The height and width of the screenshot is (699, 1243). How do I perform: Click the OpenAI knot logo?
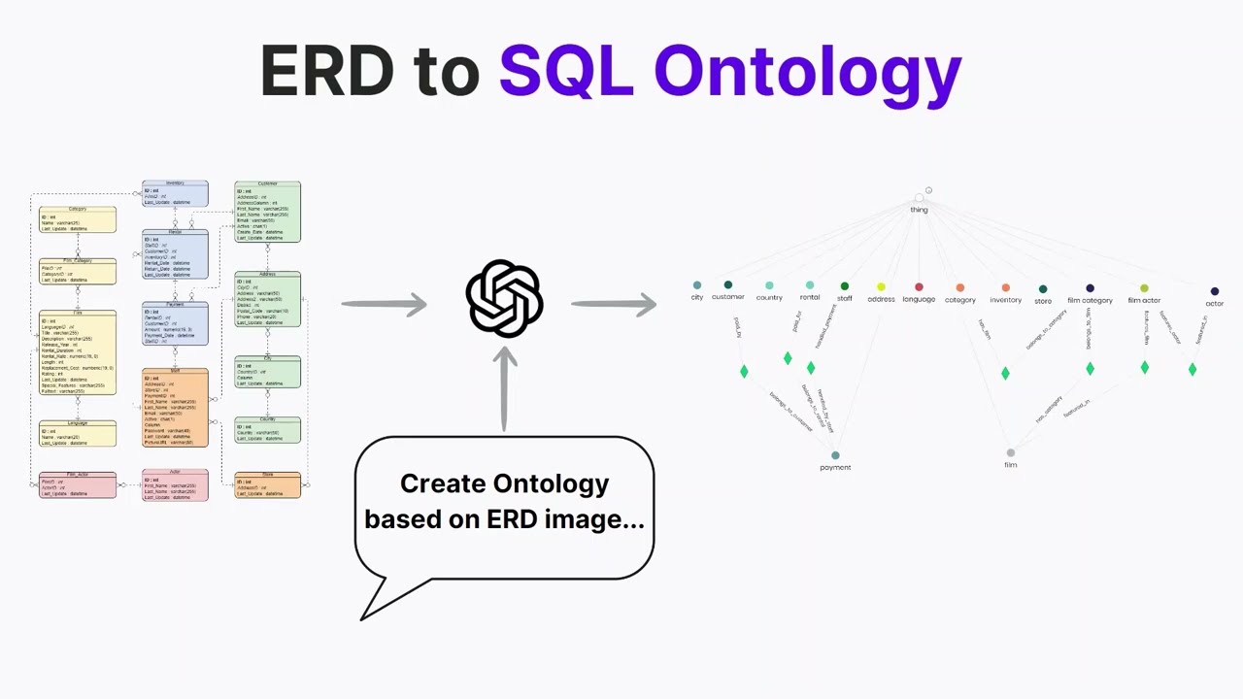pyautogui.click(x=504, y=299)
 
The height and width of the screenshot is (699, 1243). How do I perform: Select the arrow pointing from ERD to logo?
pyautogui.click(x=384, y=305)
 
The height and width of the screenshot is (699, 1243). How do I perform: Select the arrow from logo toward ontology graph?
pyautogui.click(x=614, y=305)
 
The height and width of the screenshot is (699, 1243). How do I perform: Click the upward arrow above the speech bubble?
pyautogui.click(x=504, y=388)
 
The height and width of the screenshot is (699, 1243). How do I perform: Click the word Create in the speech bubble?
pyautogui.click(x=449, y=483)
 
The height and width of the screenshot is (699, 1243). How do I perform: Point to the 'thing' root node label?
pyautogui.click(x=919, y=210)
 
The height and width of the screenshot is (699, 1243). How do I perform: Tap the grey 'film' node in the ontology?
pyautogui.click(x=1011, y=453)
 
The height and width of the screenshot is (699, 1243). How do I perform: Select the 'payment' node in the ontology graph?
pyautogui.click(x=835, y=455)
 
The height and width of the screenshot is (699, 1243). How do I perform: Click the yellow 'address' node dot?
pyautogui.click(x=881, y=287)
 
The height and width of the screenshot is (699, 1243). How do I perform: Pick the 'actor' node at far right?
pyautogui.click(x=1214, y=291)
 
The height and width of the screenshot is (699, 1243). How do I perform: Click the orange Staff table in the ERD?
pyautogui.click(x=175, y=408)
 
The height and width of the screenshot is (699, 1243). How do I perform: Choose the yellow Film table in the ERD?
pyautogui.click(x=78, y=353)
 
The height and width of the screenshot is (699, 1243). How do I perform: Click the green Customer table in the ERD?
pyautogui.click(x=267, y=212)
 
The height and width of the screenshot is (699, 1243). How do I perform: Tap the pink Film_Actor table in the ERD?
pyautogui.click(x=78, y=485)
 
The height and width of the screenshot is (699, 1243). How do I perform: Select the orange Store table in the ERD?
pyautogui.click(x=267, y=485)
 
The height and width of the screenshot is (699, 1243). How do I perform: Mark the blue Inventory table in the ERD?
pyautogui.click(x=175, y=193)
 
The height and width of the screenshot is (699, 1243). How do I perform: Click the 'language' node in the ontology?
pyautogui.click(x=919, y=287)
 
